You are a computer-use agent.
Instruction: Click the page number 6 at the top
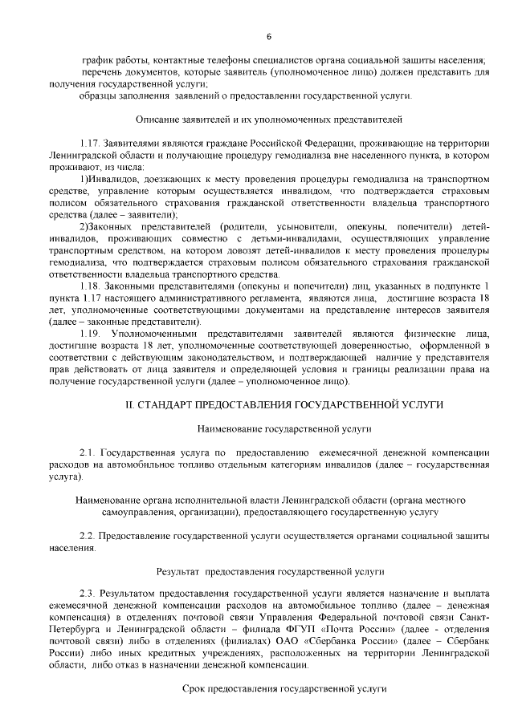[x=269, y=35]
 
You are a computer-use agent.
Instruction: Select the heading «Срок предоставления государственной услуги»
[x=269, y=688]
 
